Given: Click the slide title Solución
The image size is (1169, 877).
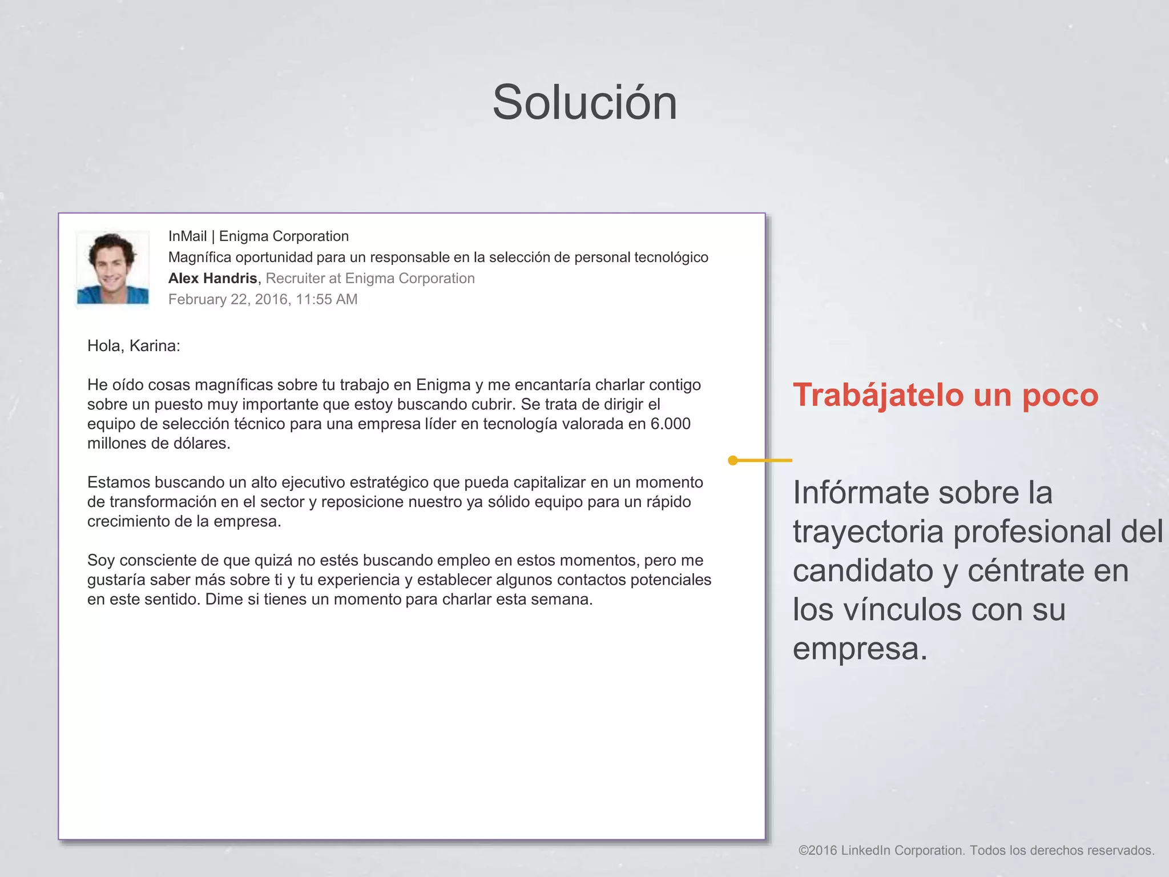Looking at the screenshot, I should click(x=584, y=103).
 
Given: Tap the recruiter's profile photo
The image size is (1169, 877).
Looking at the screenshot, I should click(x=113, y=267).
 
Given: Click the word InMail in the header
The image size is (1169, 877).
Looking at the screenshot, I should click(x=187, y=236).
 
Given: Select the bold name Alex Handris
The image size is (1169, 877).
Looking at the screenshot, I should click(x=212, y=279).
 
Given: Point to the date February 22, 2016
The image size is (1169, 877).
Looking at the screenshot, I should click(x=229, y=300).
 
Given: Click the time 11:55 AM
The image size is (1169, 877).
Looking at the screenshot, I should click(x=326, y=300).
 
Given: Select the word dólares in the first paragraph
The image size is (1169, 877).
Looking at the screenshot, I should click(x=202, y=444).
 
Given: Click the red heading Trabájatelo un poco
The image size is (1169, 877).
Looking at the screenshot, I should click(x=945, y=395).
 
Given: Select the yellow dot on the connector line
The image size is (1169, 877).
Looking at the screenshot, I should click(x=733, y=460).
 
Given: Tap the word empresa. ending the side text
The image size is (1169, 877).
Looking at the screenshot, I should click(x=860, y=649).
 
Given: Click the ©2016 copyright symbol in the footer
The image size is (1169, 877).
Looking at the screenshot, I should click(x=803, y=851).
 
